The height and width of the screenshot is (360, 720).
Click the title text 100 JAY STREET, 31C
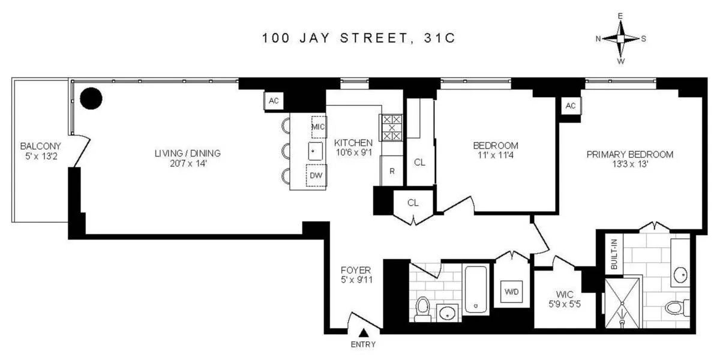pos(359,38)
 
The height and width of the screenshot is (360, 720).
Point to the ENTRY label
pos(363,344)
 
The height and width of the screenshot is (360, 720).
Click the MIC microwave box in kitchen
pos(317,127)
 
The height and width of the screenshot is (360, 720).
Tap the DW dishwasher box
pos(316,176)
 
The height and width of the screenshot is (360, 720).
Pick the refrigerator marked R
pos(392,170)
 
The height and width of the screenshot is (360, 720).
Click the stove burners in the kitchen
pos(392,127)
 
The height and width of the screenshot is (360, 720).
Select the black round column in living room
pos(91,98)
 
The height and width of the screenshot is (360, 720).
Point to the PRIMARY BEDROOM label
pos(629,154)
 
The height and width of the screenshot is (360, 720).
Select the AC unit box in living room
pos(274,101)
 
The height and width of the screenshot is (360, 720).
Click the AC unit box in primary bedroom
pos(570,106)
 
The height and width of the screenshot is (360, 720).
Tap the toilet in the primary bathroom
pos(675,307)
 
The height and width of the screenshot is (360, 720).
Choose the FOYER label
pos(355,270)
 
